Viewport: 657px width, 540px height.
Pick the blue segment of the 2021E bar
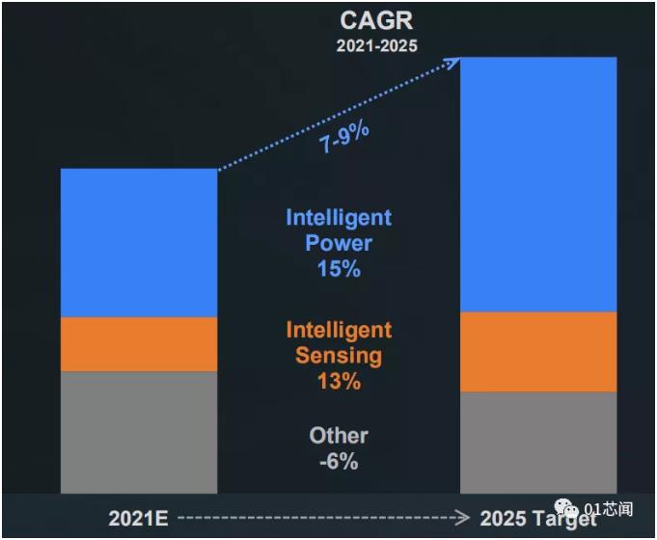click(139, 242)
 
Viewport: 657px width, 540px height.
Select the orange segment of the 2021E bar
click(139, 344)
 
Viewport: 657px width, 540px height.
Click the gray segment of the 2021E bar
click(139, 432)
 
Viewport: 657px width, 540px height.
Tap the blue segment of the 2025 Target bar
click(538, 183)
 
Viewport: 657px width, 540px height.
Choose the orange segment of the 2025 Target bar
click(538, 351)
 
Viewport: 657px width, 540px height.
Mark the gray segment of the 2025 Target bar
click(538, 442)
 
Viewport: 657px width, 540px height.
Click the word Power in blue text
click(339, 243)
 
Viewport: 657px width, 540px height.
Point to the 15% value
click(339, 269)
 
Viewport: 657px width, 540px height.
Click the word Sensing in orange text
click(339, 355)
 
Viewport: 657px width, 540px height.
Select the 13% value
click(339, 381)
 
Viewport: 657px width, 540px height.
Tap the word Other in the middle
click(339, 436)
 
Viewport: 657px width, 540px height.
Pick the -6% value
click(339, 462)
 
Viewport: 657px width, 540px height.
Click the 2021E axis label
click(140, 518)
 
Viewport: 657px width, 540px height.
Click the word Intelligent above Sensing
click(339, 329)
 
